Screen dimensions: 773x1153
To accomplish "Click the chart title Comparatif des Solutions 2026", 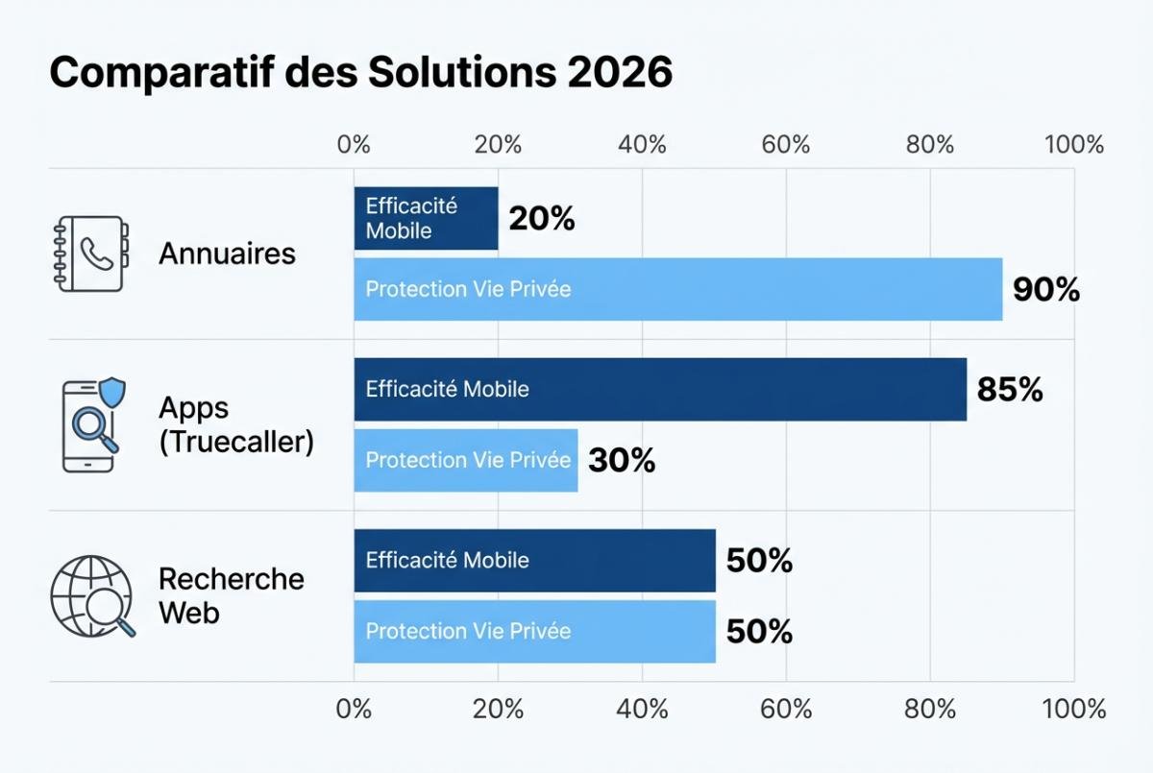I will click(x=360, y=73).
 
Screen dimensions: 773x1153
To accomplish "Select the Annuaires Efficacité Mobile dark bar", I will click(x=426, y=218).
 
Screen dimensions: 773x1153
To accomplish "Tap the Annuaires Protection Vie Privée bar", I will click(x=677, y=289).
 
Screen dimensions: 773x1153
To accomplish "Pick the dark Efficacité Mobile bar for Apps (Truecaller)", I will click(x=659, y=389).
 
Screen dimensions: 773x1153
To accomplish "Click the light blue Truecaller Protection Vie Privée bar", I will click(x=466, y=460).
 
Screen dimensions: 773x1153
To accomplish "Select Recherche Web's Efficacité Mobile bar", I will click(x=534, y=560).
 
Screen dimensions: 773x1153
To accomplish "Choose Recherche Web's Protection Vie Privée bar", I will click(x=534, y=631).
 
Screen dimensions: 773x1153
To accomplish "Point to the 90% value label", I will click(x=1046, y=290).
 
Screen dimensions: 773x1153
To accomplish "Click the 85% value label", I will click(x=1010, y=390).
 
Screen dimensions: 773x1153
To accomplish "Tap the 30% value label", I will click(x=622, y=461).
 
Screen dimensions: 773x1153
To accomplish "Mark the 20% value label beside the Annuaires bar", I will click(x=541, y=219).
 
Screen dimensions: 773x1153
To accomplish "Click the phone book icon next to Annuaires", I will click(x=88, y=254).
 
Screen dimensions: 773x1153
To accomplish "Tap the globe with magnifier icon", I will click(x=92, y=595).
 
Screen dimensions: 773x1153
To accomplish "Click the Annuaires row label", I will click(x=227, y=254).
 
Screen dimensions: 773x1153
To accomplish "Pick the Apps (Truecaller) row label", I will click(x=235, y=424).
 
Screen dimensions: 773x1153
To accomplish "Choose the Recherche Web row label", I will click(x=231, y=595).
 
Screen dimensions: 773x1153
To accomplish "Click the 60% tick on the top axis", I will click(x=786, y=145).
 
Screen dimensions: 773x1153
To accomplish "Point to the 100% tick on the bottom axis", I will click(x=1073, y=710).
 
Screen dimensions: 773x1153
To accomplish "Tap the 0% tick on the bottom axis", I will click(x=354, y=710).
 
